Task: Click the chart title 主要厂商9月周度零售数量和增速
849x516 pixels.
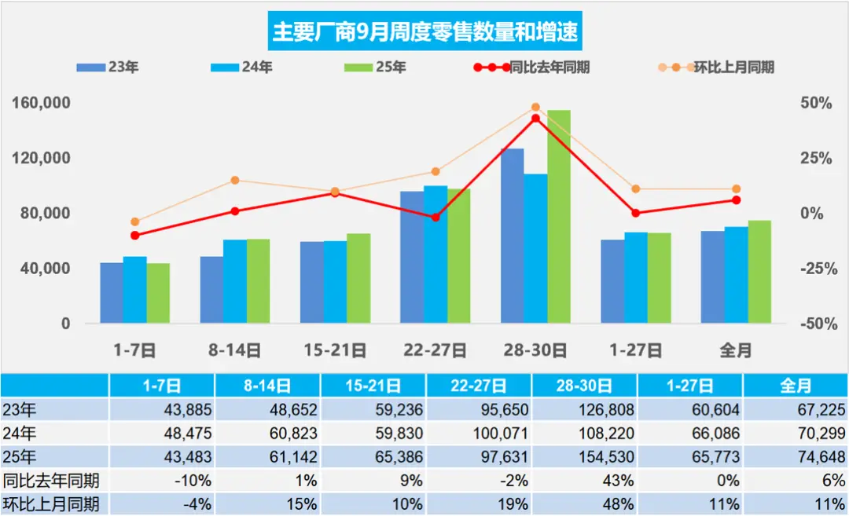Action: coord(424,31)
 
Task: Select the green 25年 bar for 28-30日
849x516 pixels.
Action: coord(559,217)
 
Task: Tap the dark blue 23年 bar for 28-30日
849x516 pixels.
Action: coord(512,236)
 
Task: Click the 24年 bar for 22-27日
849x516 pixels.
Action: coord(436,254)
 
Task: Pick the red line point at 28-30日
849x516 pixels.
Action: coord(535,119)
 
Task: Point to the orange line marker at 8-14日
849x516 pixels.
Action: coord(234,181)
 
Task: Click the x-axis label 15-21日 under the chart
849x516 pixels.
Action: coord(335,350)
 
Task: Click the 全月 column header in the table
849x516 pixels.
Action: coord(796,386)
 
